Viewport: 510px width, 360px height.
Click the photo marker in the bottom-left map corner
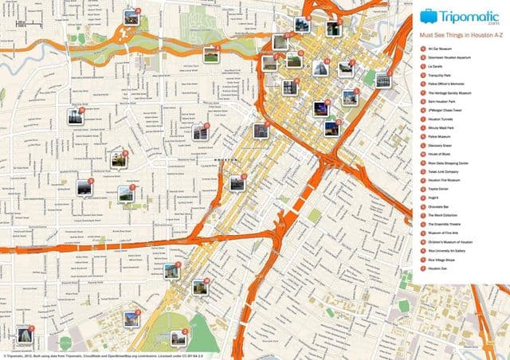click(24, 335)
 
